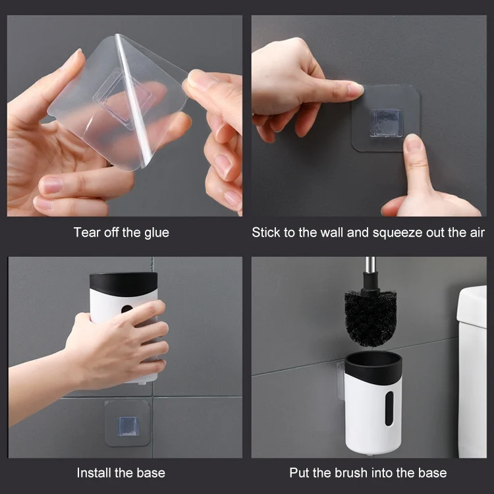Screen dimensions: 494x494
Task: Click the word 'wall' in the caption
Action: pos(332,233)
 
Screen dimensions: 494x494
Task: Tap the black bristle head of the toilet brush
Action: pos(370,317)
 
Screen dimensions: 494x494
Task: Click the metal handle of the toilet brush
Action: pos(370,265)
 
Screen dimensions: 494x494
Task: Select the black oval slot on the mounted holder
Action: pos(389,408)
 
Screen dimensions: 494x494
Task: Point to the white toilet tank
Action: pos(472,371)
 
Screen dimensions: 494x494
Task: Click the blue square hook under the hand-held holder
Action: pos(128,426)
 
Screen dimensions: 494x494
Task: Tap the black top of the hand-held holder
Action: pos(124,283)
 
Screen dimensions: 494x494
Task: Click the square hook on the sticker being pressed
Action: pos(386,123)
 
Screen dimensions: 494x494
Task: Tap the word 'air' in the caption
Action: pos(478,233)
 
